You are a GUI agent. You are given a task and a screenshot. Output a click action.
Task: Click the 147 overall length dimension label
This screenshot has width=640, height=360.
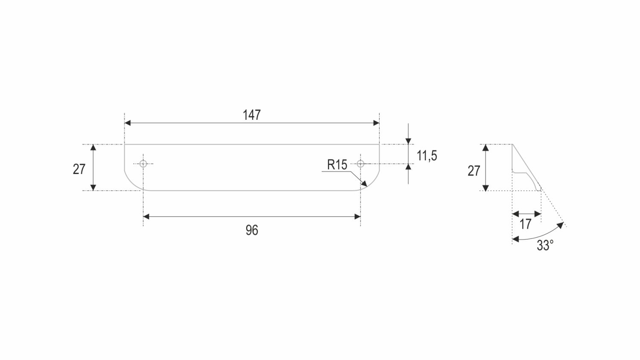click(x=252, y=115)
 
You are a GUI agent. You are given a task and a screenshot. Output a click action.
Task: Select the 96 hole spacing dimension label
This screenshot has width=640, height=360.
click(x=252, y=230)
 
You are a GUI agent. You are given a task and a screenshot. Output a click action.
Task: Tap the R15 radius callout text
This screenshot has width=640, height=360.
click(x=337, y=165)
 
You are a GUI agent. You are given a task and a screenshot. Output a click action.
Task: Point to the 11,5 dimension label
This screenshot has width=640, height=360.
click(x=427, y=156)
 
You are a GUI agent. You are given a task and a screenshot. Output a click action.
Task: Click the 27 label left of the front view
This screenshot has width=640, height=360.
click(x=79, y=169)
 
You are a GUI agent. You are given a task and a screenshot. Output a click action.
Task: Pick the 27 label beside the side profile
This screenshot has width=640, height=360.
click(x=474, y=171)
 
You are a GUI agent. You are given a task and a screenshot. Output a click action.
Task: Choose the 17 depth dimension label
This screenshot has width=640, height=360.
click(x=525, y=224)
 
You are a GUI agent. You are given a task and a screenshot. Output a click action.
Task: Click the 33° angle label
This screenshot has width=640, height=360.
click(x=545, y=245)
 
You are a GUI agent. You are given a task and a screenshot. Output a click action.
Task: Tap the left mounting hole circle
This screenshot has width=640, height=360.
click(x=143, y=164)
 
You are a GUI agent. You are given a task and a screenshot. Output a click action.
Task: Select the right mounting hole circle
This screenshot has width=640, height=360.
click(x=361, y=164)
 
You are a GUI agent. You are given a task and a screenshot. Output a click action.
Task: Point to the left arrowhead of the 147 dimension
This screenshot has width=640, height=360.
click(x=128, y=123)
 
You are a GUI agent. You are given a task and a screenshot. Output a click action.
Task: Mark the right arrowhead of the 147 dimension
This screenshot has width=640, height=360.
click(x=376, y=123)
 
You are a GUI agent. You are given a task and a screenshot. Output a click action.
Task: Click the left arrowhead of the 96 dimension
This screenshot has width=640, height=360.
click(x=146, y=217)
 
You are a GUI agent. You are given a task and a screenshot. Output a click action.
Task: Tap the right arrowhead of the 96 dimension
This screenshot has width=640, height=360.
click(x=358, y=217)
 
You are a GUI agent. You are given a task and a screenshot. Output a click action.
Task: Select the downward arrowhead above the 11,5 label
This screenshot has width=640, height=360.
click(x=408, y=141)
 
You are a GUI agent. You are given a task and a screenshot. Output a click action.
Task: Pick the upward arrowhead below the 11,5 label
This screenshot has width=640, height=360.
click(x=408, y=167)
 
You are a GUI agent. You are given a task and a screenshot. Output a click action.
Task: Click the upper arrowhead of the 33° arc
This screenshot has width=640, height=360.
click(x=561, y=225)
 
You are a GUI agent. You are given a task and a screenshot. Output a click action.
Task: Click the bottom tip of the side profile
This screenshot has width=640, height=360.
click(x=540, y=190)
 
